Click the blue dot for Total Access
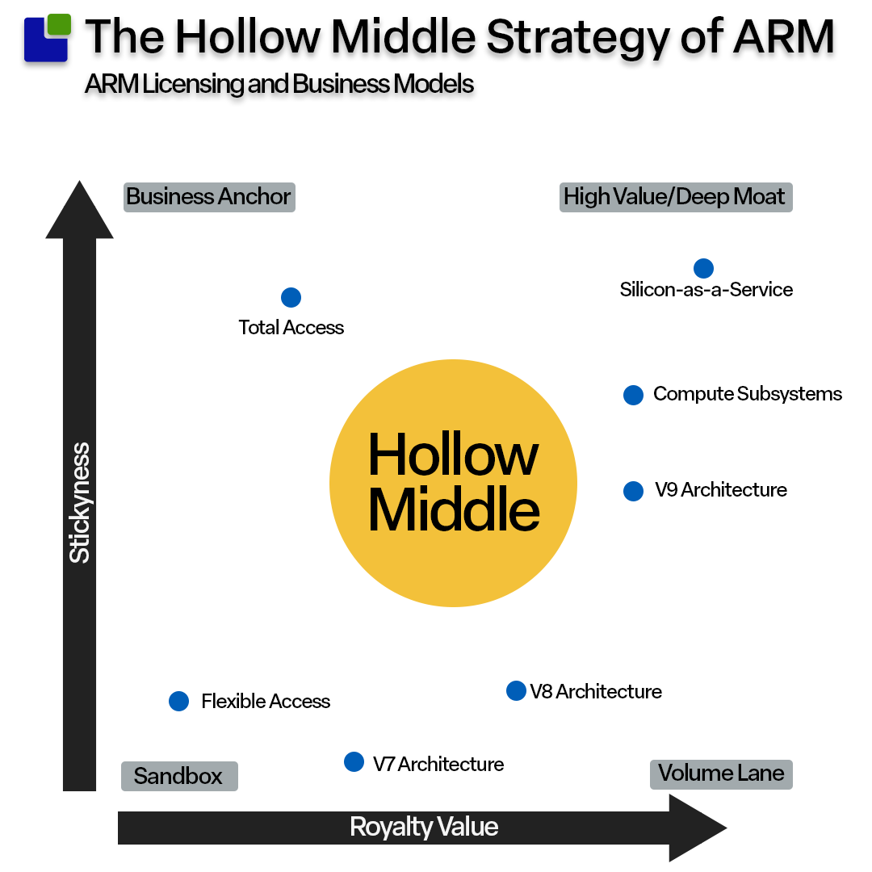(291, 297)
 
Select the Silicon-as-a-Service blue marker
(703, 268)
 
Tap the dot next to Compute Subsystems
(633, 395)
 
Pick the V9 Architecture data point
(633, 491)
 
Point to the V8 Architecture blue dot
(516, 690)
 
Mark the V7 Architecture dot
(354, 761)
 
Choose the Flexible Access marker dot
(178, 701)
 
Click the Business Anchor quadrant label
(209, 197)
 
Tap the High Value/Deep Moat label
(675, 197)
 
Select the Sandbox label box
(178, 777)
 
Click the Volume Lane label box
(721, 773)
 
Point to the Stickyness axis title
(79, 502)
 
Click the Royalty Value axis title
(424, 827)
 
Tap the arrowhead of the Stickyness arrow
(79, 212)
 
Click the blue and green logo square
(47, 38)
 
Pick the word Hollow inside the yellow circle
(453, 455)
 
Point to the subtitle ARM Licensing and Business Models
(279, 84)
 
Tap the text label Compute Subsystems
(748, 394)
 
